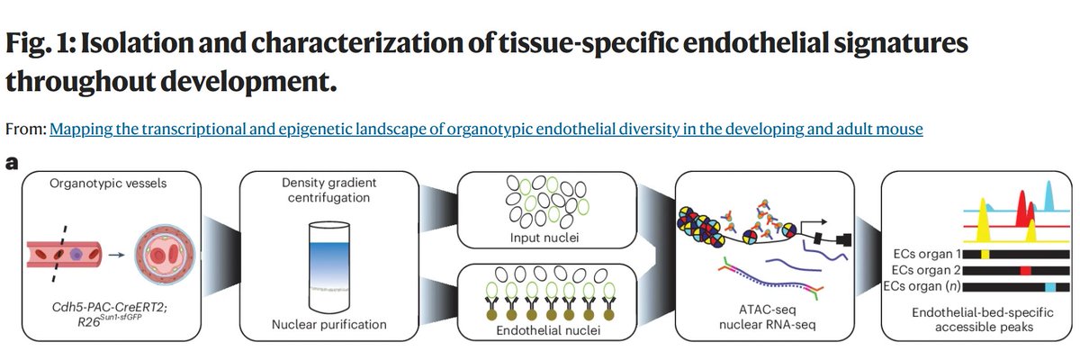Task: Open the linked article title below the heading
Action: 486,130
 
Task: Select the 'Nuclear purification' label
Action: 327,323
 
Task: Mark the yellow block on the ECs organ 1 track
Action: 984,255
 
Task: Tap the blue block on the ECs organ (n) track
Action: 1050,285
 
